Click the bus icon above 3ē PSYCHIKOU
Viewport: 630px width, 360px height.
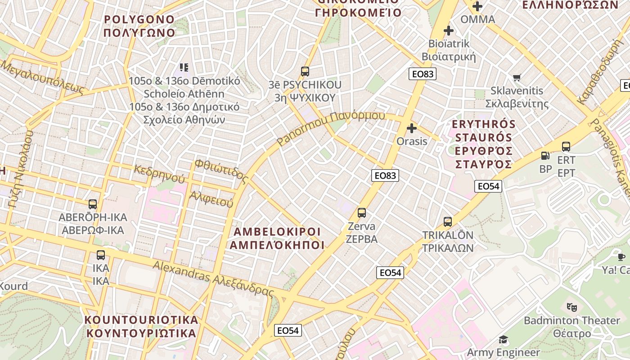305,71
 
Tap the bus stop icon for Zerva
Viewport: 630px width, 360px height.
362,213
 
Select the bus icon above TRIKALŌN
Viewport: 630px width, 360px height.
448,222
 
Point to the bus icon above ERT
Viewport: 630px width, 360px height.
566,147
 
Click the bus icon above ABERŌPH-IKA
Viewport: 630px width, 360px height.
93,204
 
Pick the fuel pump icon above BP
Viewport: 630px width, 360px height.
545,156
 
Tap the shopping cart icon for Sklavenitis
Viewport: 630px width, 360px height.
517,78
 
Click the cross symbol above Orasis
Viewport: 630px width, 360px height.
412,128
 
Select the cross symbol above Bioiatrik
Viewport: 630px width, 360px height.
449,31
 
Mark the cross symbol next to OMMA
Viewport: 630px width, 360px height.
477,6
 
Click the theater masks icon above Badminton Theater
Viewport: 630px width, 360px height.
572,307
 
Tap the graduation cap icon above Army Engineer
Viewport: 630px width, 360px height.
503,339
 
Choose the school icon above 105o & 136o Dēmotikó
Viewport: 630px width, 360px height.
184,67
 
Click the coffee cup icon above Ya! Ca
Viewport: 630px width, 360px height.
621,257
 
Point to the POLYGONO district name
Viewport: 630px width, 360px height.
139,19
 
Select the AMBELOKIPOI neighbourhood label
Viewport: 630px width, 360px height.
277,232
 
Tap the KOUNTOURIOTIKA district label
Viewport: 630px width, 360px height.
141,320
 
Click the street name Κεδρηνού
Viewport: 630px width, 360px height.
159,174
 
